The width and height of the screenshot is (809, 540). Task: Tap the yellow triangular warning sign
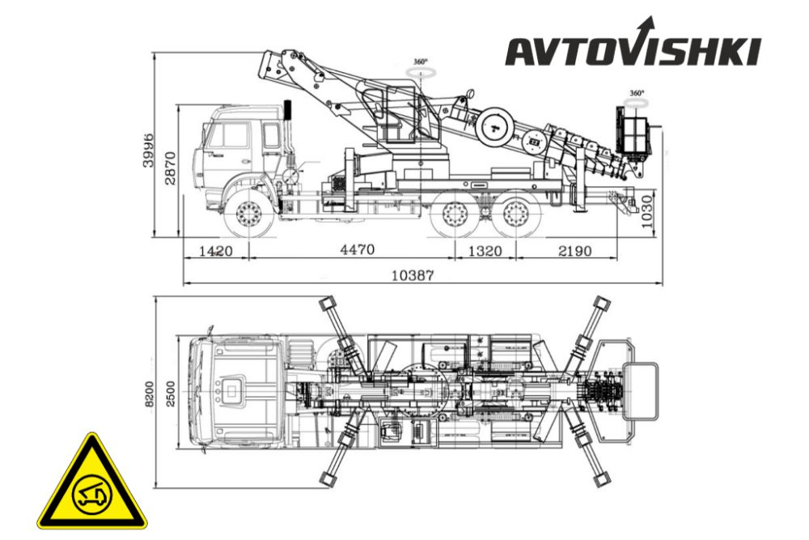tap(92, 483)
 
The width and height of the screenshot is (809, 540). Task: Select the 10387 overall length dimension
tap(413, 275)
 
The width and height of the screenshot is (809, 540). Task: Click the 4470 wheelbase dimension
tap(357, 250)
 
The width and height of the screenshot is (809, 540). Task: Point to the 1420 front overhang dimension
tap(216, 252)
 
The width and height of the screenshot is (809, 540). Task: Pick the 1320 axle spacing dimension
tap(485, 252)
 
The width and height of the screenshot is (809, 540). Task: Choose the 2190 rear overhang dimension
tap(574, 252)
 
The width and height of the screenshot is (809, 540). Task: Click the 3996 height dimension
tap(149, 150)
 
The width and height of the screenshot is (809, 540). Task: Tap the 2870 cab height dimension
tap(170, 168)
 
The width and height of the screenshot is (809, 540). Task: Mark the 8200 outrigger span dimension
tap(149, 394)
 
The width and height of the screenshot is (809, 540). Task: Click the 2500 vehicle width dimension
tap(170, 394)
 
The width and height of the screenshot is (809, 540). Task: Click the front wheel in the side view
tap(249, 213)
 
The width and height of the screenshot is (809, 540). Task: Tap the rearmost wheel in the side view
tap(515, 214)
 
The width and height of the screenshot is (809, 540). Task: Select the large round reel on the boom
tap(494, 127)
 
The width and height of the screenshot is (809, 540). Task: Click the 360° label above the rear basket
tap(637, 93)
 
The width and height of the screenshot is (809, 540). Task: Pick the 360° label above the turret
tap(421, 62)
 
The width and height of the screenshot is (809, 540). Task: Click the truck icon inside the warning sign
tap(92, 495)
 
